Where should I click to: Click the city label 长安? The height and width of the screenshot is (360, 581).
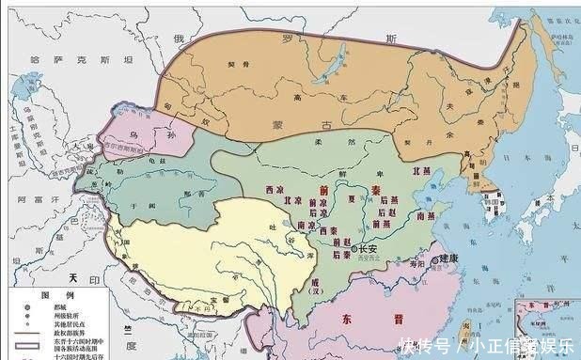355,249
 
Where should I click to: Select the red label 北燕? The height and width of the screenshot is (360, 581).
423,174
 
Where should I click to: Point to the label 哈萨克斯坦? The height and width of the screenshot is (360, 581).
83,59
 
